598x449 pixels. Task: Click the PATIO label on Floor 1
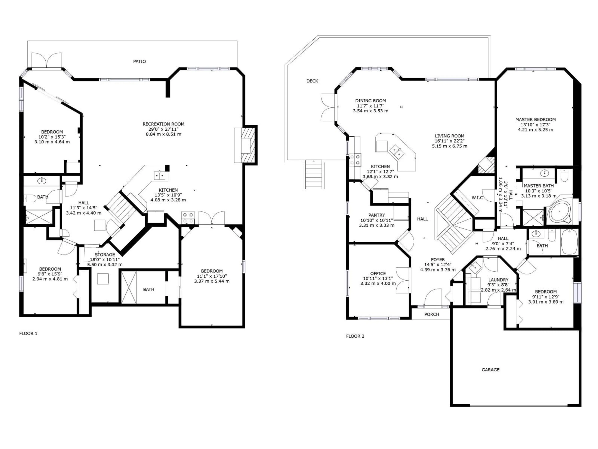click(x=140, y=61)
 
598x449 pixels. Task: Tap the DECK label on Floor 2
click(x=312, y=81)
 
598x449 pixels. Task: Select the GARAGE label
click(x=490, y=370)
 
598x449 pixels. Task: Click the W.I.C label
click(x=477, y=198)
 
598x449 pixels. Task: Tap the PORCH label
click(x=432, y=314)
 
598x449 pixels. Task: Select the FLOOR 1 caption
click(x=28, y=333)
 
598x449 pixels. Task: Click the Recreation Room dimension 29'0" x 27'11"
click(x=164, y=129)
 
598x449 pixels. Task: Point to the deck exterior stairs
click(x=314, y=174)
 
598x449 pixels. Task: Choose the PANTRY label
click(x=377, y=215)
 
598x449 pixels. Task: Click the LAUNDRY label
click(x=498, y=280)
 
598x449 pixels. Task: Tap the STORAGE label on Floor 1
click(x=105, y=255)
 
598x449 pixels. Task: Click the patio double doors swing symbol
click(x=47, y=60)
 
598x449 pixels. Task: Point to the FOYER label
click(x=438, y=260)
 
